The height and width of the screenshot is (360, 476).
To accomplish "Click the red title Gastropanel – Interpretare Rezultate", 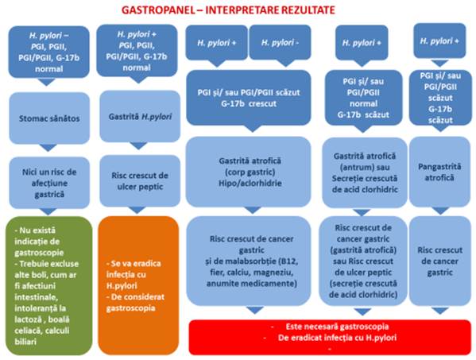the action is coord(228,10).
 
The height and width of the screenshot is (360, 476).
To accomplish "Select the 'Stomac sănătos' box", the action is coord(49,118).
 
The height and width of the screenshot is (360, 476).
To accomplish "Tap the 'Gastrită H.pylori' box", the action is coord(140,116).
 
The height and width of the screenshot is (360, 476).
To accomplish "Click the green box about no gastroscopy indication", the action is coord(49,285).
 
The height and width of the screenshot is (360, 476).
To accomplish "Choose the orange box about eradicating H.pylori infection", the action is coord(138,285).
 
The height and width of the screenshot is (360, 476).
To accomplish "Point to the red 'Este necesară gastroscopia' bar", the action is coord(330,337).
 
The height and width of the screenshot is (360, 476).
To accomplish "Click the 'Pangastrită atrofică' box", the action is coord(440,172).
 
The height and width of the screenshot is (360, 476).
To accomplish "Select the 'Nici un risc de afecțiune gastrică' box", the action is coord(49,183).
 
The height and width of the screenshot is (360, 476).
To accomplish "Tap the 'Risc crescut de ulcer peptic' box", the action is coord(140,181).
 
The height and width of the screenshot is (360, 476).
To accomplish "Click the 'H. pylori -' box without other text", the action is coord(280,42).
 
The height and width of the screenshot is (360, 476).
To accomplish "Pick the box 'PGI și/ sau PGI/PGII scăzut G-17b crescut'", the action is coord(249,98).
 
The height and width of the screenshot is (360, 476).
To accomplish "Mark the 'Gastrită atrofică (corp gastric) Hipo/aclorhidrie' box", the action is coord(249,172).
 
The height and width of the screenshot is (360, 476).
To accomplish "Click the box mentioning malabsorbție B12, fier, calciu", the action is coord(249,261).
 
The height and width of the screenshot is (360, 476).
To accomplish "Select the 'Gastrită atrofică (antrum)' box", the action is coord(365,172).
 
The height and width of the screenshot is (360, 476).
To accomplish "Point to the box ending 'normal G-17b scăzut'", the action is coord(364,98).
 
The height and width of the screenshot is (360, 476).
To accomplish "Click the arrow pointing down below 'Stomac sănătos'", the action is coord(48,148).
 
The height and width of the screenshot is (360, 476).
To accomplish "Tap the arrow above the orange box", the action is coord(137,211).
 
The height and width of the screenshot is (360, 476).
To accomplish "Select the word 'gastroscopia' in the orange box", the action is coord(130,308).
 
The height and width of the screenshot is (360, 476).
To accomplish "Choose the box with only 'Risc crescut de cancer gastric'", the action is coord(440,261).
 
